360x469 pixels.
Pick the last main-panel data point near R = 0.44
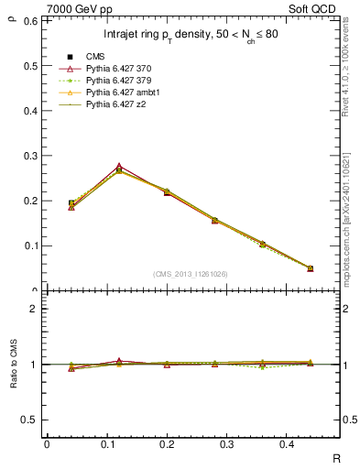point(310,268)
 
